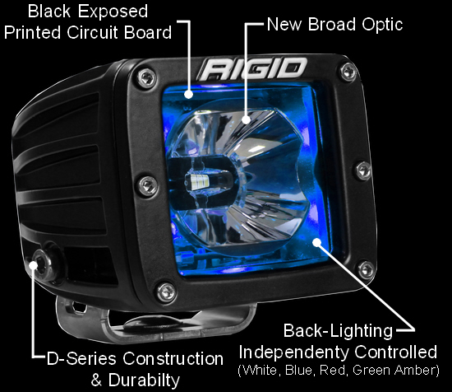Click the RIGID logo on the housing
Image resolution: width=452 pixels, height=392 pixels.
tap(252, 68)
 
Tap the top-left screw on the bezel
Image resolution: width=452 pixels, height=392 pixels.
tap(147, 78)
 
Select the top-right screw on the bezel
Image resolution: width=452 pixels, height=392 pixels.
tap(348, 71)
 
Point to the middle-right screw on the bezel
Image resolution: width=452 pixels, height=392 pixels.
tap(363, 170)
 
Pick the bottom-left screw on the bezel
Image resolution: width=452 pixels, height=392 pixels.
tap(167, 292)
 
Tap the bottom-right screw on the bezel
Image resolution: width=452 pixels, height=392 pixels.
tap(366, 269)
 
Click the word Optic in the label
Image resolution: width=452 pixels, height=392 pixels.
tap(382, 24)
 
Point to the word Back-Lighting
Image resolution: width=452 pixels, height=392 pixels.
tap(338, 330)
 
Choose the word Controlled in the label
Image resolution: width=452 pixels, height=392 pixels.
tap(396, 352)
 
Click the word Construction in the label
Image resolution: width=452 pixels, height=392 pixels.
tap(173, 359)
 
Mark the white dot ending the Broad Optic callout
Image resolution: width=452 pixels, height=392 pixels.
tap(246, 119)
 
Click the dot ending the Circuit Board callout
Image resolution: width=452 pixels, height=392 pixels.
tap(188, 94)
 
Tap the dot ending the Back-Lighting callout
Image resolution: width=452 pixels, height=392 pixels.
tap(316, 242)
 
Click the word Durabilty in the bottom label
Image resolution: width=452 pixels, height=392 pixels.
tap(144, 380)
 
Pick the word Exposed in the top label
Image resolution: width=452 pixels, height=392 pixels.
tap(113, 12)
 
